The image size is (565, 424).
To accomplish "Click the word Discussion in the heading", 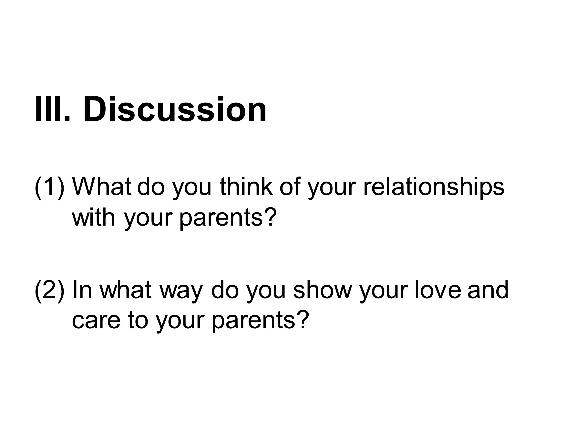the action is point(175,109).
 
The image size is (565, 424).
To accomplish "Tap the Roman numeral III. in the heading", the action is point(52,109).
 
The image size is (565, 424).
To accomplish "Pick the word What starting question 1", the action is point(102,186).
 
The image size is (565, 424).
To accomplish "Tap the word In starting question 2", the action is point(82,289).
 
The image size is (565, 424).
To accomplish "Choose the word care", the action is point(96,320).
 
